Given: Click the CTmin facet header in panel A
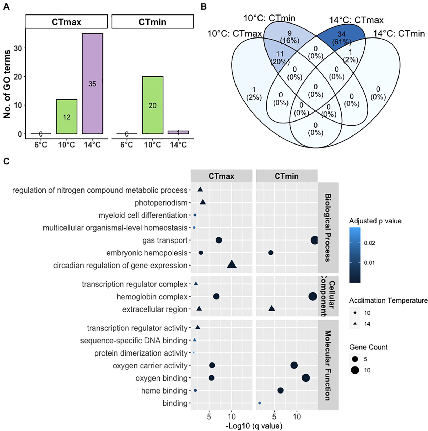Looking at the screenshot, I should [152, 22].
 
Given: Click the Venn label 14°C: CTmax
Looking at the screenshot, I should [356, 20].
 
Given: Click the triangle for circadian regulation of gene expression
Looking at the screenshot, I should [232, 264].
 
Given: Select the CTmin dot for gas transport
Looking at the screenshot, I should [314, 240].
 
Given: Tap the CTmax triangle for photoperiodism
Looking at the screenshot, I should [203, 202].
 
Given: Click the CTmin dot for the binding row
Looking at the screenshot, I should [260, 403].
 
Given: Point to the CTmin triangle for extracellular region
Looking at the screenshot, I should [271, 308].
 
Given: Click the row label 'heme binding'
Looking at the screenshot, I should [164, 390].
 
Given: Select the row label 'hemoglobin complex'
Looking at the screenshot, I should [152, 297].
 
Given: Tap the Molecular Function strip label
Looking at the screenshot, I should [328, 365].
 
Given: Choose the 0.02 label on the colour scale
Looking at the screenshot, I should [370, 243].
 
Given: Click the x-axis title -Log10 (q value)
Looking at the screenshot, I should [254, 426].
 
